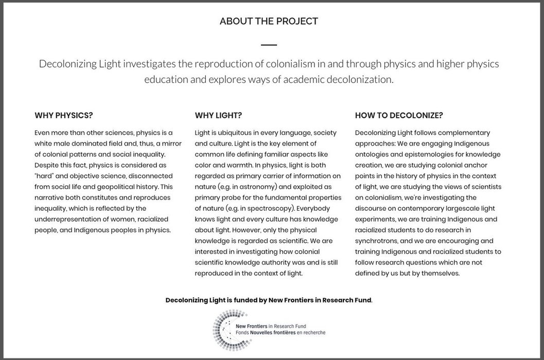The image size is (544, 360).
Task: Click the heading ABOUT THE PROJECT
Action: pyautogui.click(x=269, y=21)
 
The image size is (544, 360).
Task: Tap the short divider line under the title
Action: pyautogui.click(x=269, y=45)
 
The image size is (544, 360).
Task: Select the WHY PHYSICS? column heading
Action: pyautogui.click(x=64, y=115)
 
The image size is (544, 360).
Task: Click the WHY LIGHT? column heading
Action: pyautogui.click(x=218, y=115)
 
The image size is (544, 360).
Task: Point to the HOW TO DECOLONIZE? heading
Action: pyautogui.click(x=399, y=115)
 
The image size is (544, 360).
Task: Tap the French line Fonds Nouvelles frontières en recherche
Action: pyautogui.click(x=280, y=333)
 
